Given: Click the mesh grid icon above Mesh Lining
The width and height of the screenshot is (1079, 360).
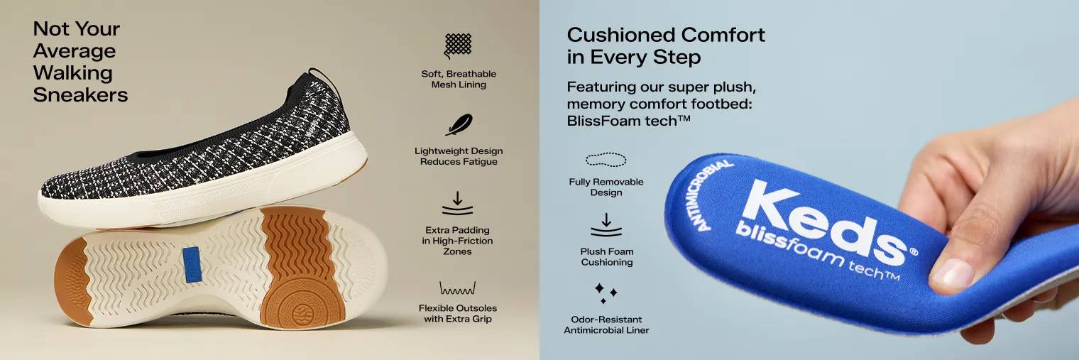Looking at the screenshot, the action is [458, 45].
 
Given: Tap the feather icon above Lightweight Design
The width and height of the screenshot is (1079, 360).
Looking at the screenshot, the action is [459, 125].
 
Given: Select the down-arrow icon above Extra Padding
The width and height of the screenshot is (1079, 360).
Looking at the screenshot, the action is [458, 203].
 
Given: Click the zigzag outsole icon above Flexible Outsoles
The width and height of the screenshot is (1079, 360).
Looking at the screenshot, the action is [458, 288].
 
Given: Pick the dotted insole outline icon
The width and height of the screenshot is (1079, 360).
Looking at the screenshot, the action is [606, 160].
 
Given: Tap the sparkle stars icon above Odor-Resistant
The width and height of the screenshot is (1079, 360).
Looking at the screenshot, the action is [606, 293].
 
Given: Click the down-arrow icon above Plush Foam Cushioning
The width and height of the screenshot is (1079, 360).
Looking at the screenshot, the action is [606, 224].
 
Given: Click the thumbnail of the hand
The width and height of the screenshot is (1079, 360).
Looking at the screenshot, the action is [952, 273].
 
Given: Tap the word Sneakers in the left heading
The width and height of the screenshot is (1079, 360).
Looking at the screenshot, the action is [80, 95].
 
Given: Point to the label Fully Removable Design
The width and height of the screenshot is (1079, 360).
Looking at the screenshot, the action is [606, 187].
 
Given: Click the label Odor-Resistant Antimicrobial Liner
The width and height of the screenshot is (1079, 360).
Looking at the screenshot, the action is [606, 324].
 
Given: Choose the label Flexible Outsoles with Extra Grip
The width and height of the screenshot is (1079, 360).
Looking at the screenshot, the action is [458, 313].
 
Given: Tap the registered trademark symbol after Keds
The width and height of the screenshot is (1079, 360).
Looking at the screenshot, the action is [913, 251].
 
